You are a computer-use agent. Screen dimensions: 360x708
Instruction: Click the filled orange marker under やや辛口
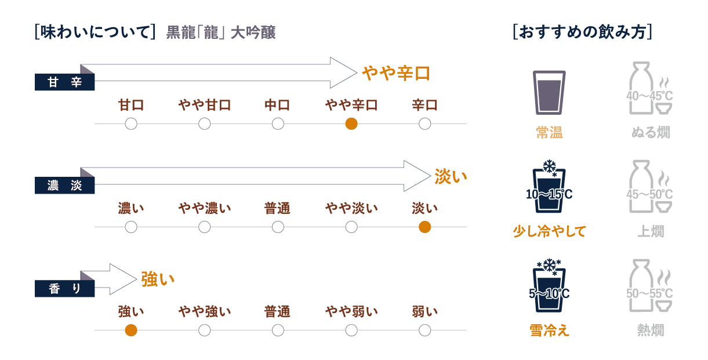351,123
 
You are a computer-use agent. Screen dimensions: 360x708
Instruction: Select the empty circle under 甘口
131,123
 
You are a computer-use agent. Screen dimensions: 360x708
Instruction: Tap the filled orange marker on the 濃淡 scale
424,227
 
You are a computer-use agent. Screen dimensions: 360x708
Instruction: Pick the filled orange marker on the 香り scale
131,330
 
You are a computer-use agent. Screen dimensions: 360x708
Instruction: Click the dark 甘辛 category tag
65,82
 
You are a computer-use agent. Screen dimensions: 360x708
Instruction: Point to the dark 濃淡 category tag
65,186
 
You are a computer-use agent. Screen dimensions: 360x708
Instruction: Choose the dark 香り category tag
65,289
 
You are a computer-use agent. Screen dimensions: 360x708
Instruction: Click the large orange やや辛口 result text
396,74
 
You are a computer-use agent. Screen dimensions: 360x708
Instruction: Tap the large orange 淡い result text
451,176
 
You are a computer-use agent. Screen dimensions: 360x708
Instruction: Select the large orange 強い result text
158,279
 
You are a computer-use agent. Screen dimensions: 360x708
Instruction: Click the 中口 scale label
278,106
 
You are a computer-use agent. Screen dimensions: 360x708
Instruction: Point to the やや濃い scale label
204,209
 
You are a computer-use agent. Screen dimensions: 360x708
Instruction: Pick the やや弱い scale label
351,312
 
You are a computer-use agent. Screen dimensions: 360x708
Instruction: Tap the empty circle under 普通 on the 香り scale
278,330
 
